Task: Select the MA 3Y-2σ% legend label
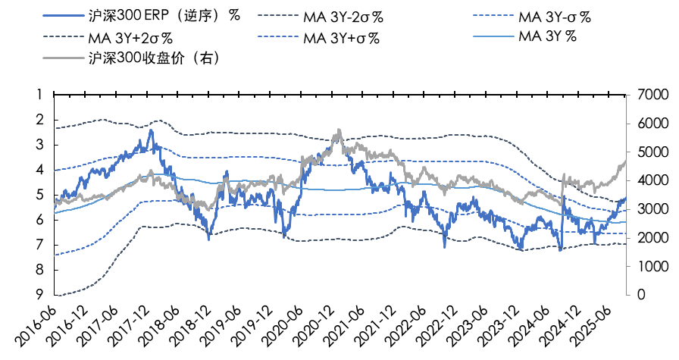point(346,15)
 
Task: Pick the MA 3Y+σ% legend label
point(341,37)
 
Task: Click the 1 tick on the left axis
point(39,95)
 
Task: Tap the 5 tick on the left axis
point(39,195)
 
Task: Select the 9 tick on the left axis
point(39,295)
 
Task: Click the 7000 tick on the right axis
point(647,95)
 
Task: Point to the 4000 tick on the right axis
point(647,180)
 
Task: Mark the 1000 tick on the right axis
point(647,266)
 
